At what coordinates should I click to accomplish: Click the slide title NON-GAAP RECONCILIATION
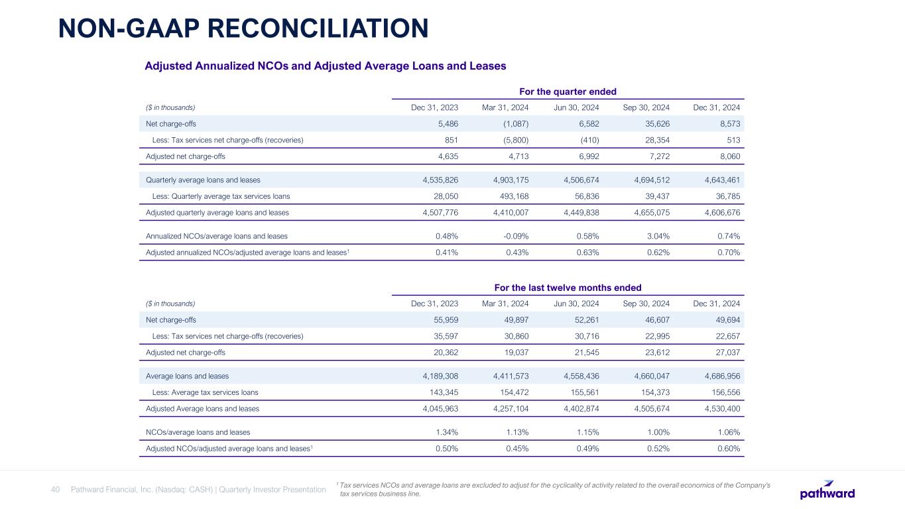pos(243,28)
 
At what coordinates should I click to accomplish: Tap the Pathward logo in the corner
pos(827,490)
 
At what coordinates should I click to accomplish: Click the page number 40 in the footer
pos(56,490)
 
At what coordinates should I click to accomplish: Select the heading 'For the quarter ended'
pos(567,91)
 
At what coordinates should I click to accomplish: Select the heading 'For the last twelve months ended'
pos(568,288)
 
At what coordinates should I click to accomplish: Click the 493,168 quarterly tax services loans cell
pos(511,196)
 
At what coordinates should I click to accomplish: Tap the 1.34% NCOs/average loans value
pos(446,432)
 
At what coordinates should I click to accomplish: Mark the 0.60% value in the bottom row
pos(727,449)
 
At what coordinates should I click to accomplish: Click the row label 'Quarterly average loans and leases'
pos(203,180)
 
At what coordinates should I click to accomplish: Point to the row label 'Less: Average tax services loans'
pos(206,392)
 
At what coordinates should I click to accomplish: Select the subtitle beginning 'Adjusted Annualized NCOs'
pos(326,66)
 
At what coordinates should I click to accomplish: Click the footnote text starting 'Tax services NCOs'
pos(554,489)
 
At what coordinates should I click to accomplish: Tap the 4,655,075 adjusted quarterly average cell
pos(647,213)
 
